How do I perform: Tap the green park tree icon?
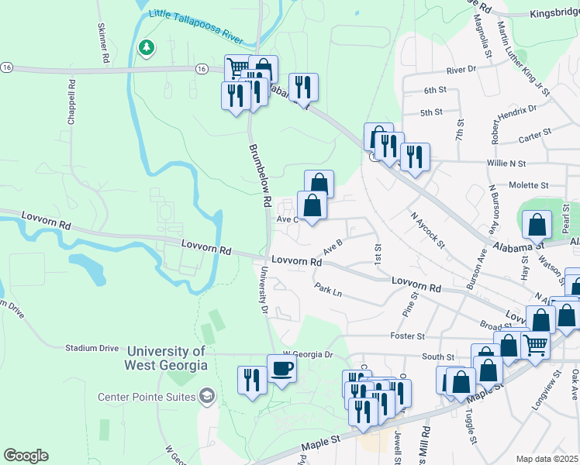click(x=146, y=48)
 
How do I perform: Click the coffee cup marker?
click(x=281, y=368)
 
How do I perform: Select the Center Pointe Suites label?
click(x=147, y=398)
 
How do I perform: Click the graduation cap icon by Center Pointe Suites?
click(x=206, y=398)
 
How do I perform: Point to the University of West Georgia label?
click(x=167, y=357)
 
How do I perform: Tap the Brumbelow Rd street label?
click(x=259, y=174)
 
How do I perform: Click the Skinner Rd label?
click(x=102, y=43)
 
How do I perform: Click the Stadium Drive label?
click(x=92, y=348)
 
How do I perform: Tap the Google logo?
click(x=26, y=456)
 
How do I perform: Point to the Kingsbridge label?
click(x=554, y=14)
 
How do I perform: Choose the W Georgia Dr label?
click(x=307, y=354)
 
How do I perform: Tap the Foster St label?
click(x=408, y=336)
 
